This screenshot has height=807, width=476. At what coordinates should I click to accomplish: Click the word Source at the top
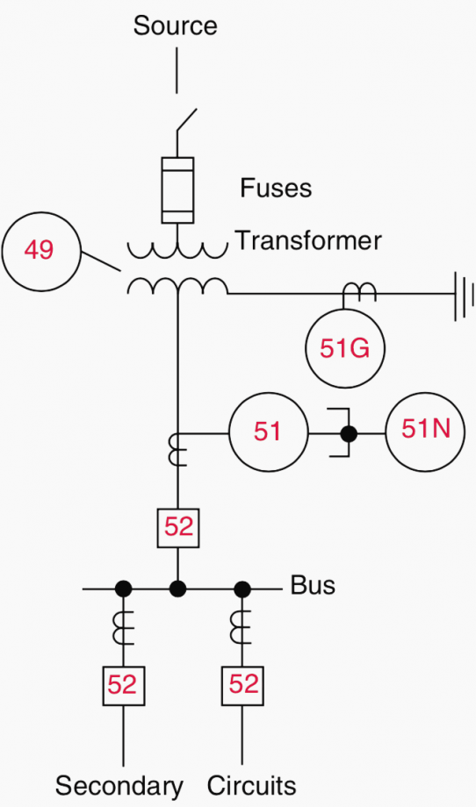click(175, 25)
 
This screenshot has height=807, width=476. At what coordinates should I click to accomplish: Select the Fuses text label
click(276, 189)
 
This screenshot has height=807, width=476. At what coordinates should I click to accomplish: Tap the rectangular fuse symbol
click(177, 190)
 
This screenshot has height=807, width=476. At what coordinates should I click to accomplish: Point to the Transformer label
click(308, 240)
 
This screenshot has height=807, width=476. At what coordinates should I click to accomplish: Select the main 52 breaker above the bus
click(177, 527)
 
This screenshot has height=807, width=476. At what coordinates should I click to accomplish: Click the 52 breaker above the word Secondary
click(123, 686)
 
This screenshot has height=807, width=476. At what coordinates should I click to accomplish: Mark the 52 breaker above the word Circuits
click(242, 686)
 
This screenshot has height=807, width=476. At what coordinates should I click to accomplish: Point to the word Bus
click(313, 586)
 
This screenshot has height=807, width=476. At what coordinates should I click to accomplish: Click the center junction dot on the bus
click(177, 589)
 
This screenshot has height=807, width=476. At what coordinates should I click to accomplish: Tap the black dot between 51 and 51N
click(349, 434)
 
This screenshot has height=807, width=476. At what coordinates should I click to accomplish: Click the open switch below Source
click(186, 120)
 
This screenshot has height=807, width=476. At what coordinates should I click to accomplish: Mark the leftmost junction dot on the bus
click(123, 589)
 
